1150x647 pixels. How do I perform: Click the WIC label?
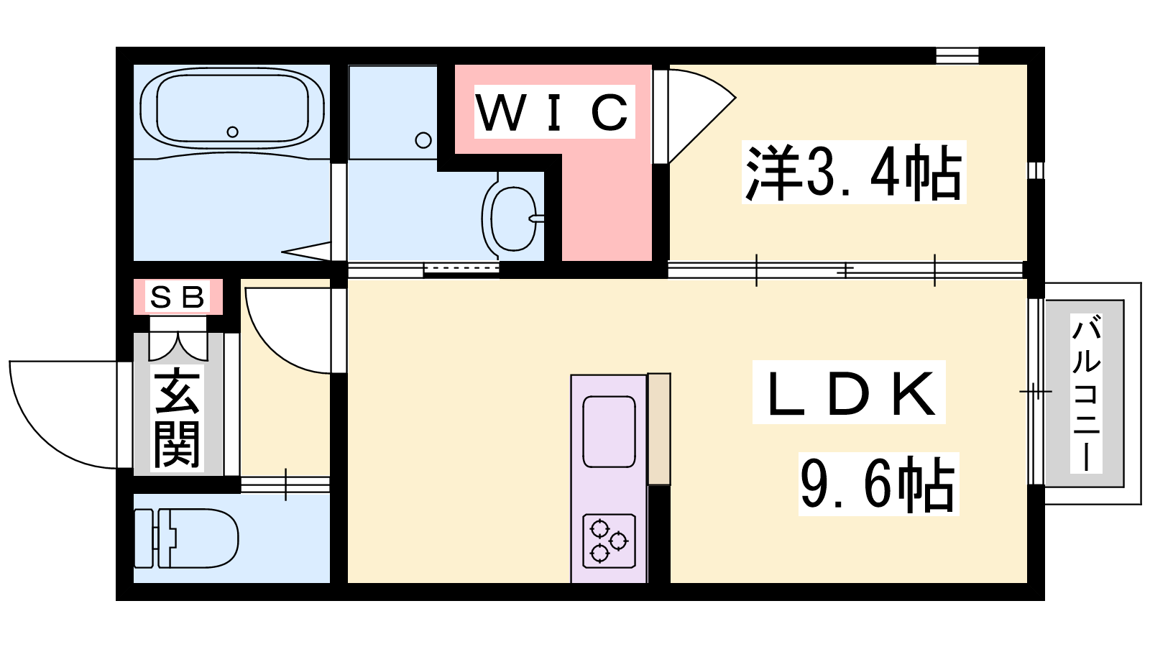(x=554, y=111)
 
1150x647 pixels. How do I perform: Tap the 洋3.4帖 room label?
(x=853, y=172)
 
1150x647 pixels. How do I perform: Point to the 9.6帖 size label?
(x=878, y=484)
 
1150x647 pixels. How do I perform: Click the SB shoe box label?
(x=178, y=297)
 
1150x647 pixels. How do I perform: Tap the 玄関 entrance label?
(x=177, y=418)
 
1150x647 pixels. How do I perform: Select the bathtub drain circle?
(x=233, y=132)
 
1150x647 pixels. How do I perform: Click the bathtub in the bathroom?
(x=232, y=109)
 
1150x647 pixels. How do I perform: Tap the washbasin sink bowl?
(x=513, y=219)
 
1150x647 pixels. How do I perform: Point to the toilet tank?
(x=144, y=538)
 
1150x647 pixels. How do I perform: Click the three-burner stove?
(x=609, y=541)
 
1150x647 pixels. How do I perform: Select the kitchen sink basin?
(x=609, y=432)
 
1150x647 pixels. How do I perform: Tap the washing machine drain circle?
(x=423, y=140)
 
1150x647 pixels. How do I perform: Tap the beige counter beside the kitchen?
(x=659, y=428)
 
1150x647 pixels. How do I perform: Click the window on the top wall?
(x=957, y=55)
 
